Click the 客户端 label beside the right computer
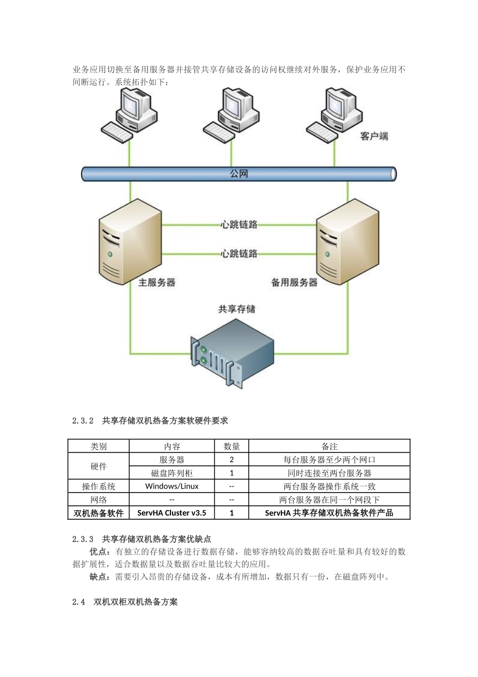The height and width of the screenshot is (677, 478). click(x=374, y=136)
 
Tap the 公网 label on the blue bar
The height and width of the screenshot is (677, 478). click(x=239, y=174)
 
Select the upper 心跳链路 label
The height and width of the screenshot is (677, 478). click(x=239, y=225)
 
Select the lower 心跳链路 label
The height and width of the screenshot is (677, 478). click(x=239, y=253)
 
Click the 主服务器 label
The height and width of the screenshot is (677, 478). click(x=157, y=283)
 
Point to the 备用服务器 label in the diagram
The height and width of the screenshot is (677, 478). click(x=294, y=283)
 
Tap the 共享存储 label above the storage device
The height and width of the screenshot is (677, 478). click(x=236, y=309)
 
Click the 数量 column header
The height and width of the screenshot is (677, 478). click(x=231, y=446)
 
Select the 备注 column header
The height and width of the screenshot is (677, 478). click(x=330, y=446)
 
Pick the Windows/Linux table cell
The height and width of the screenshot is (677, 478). click(x=172, y=486)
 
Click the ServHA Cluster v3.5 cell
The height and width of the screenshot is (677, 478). click(x=172, y=513)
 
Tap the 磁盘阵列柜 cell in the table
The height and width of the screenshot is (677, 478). click(x=172, y=473)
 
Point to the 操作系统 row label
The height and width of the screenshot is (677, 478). click(x=99, y=486)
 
